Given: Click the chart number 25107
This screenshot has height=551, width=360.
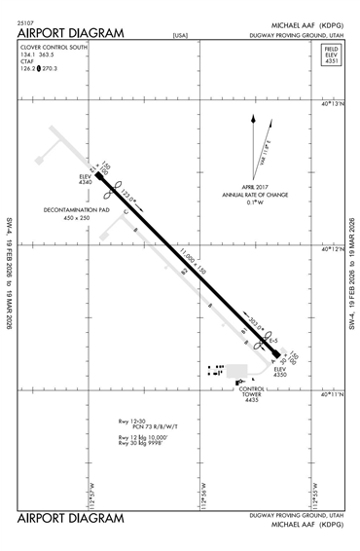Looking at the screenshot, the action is pyautogui.click(x=27, y=21).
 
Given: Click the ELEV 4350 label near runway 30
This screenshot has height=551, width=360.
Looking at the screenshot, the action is pyautogui.click(x=281, y=373).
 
